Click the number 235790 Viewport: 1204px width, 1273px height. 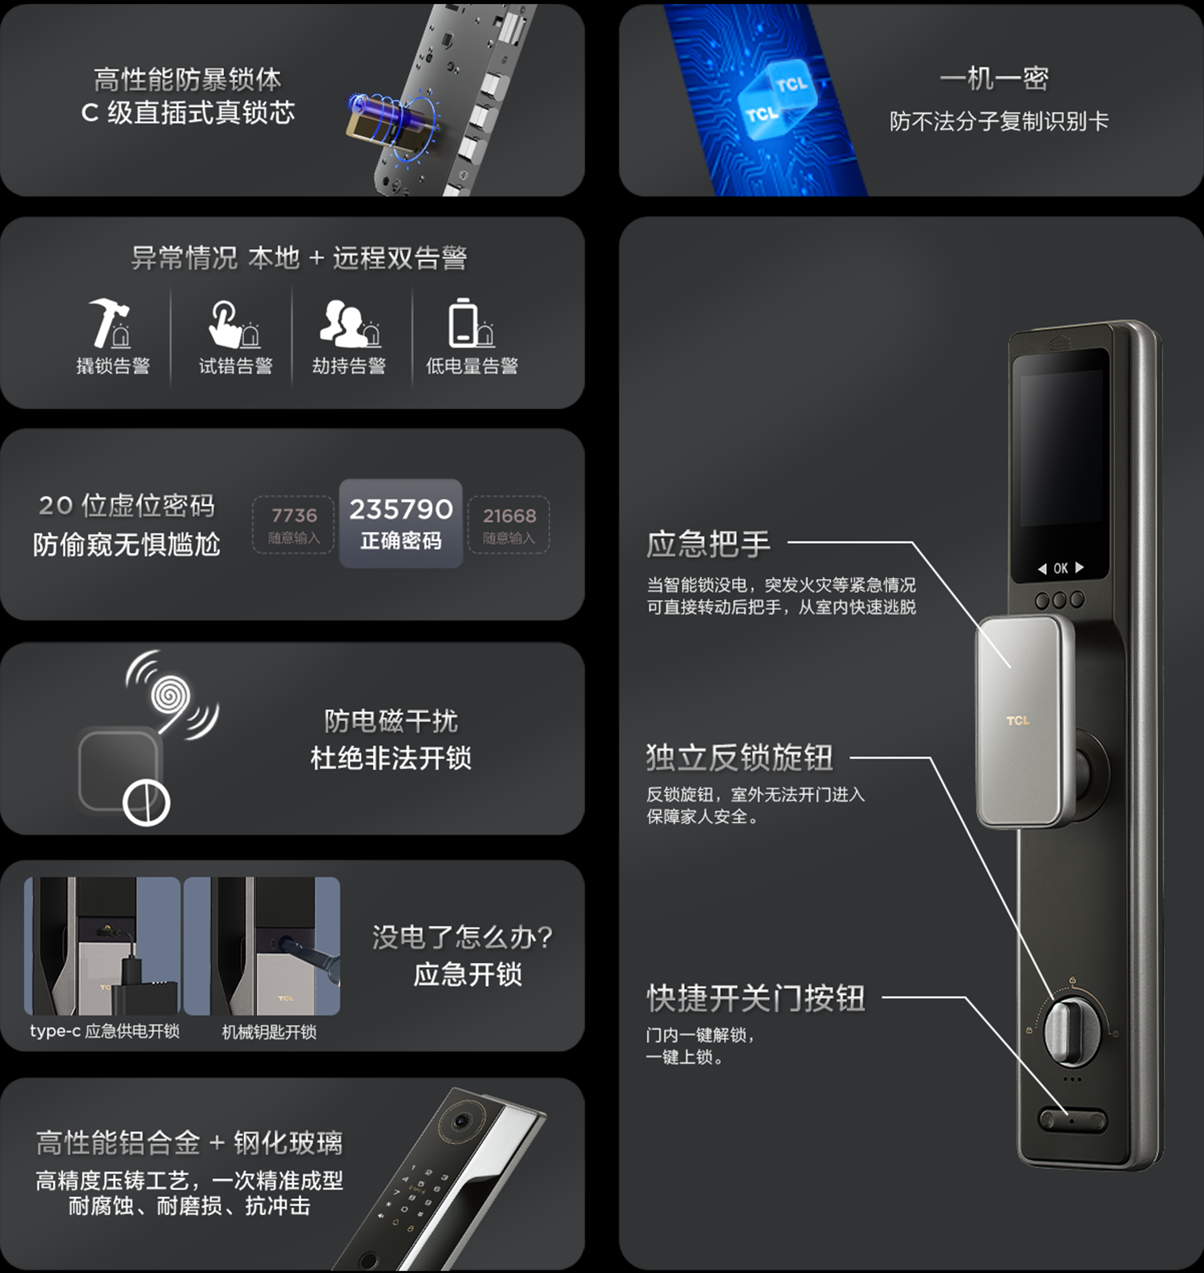pos(401,509)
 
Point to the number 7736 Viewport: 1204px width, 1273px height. pos(294,515)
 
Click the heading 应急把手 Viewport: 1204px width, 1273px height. pos(708,544)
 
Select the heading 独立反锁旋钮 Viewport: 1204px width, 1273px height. pos(739,757)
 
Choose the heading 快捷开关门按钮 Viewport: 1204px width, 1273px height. pos(756,998)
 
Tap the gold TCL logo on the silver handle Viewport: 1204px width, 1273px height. pos(1017,721)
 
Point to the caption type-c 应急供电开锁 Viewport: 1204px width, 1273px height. pos(105,1031)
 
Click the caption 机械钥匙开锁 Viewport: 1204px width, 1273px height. pos(269,1032)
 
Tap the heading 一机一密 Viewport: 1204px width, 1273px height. pos(993,79)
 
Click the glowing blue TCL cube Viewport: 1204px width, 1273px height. pos(776,99)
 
